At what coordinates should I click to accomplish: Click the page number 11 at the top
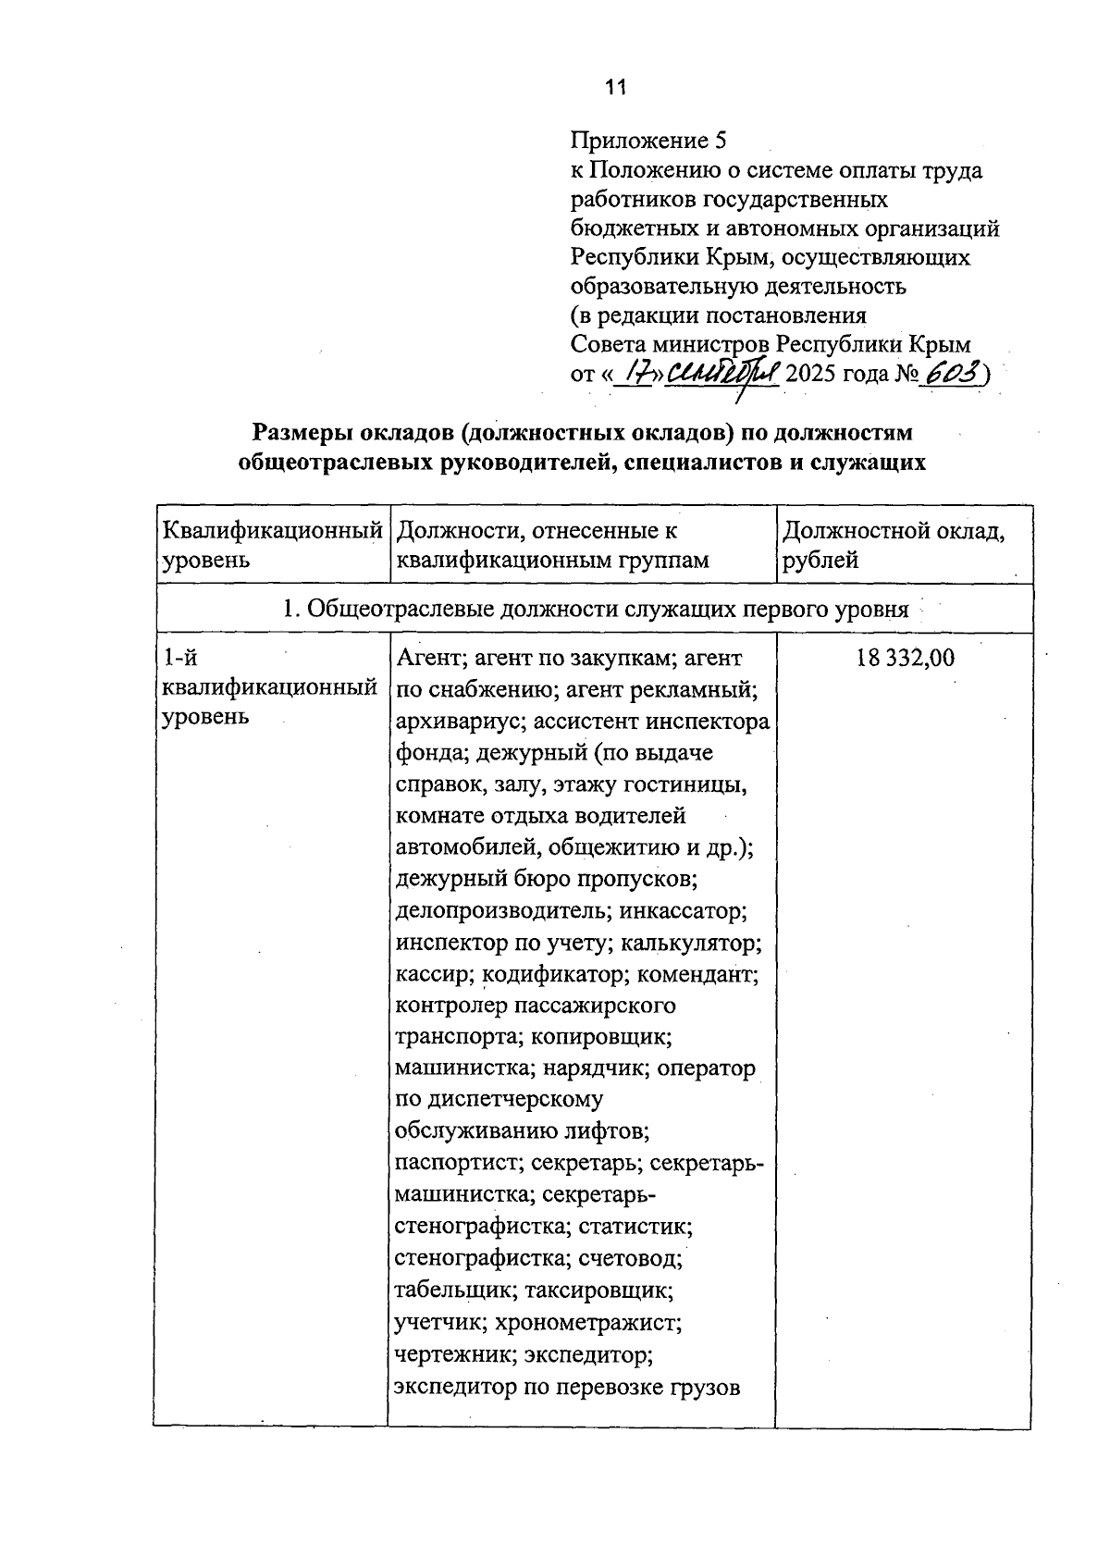(x=616, y=88)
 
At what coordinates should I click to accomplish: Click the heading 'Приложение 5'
(x=649, y=141)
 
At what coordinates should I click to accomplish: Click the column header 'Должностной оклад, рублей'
(x=893, y=545)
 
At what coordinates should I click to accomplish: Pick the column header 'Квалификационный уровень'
(x=272, y=545)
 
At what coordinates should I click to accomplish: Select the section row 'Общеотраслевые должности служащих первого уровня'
(x=595, y=609)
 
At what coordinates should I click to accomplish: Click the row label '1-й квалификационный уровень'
(x=269, y=686)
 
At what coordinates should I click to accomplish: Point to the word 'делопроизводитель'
(x=500, y=910)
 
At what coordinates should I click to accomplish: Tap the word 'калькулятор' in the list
(x=689, y=943)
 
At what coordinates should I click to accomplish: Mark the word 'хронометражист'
(x=588, y=1322)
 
